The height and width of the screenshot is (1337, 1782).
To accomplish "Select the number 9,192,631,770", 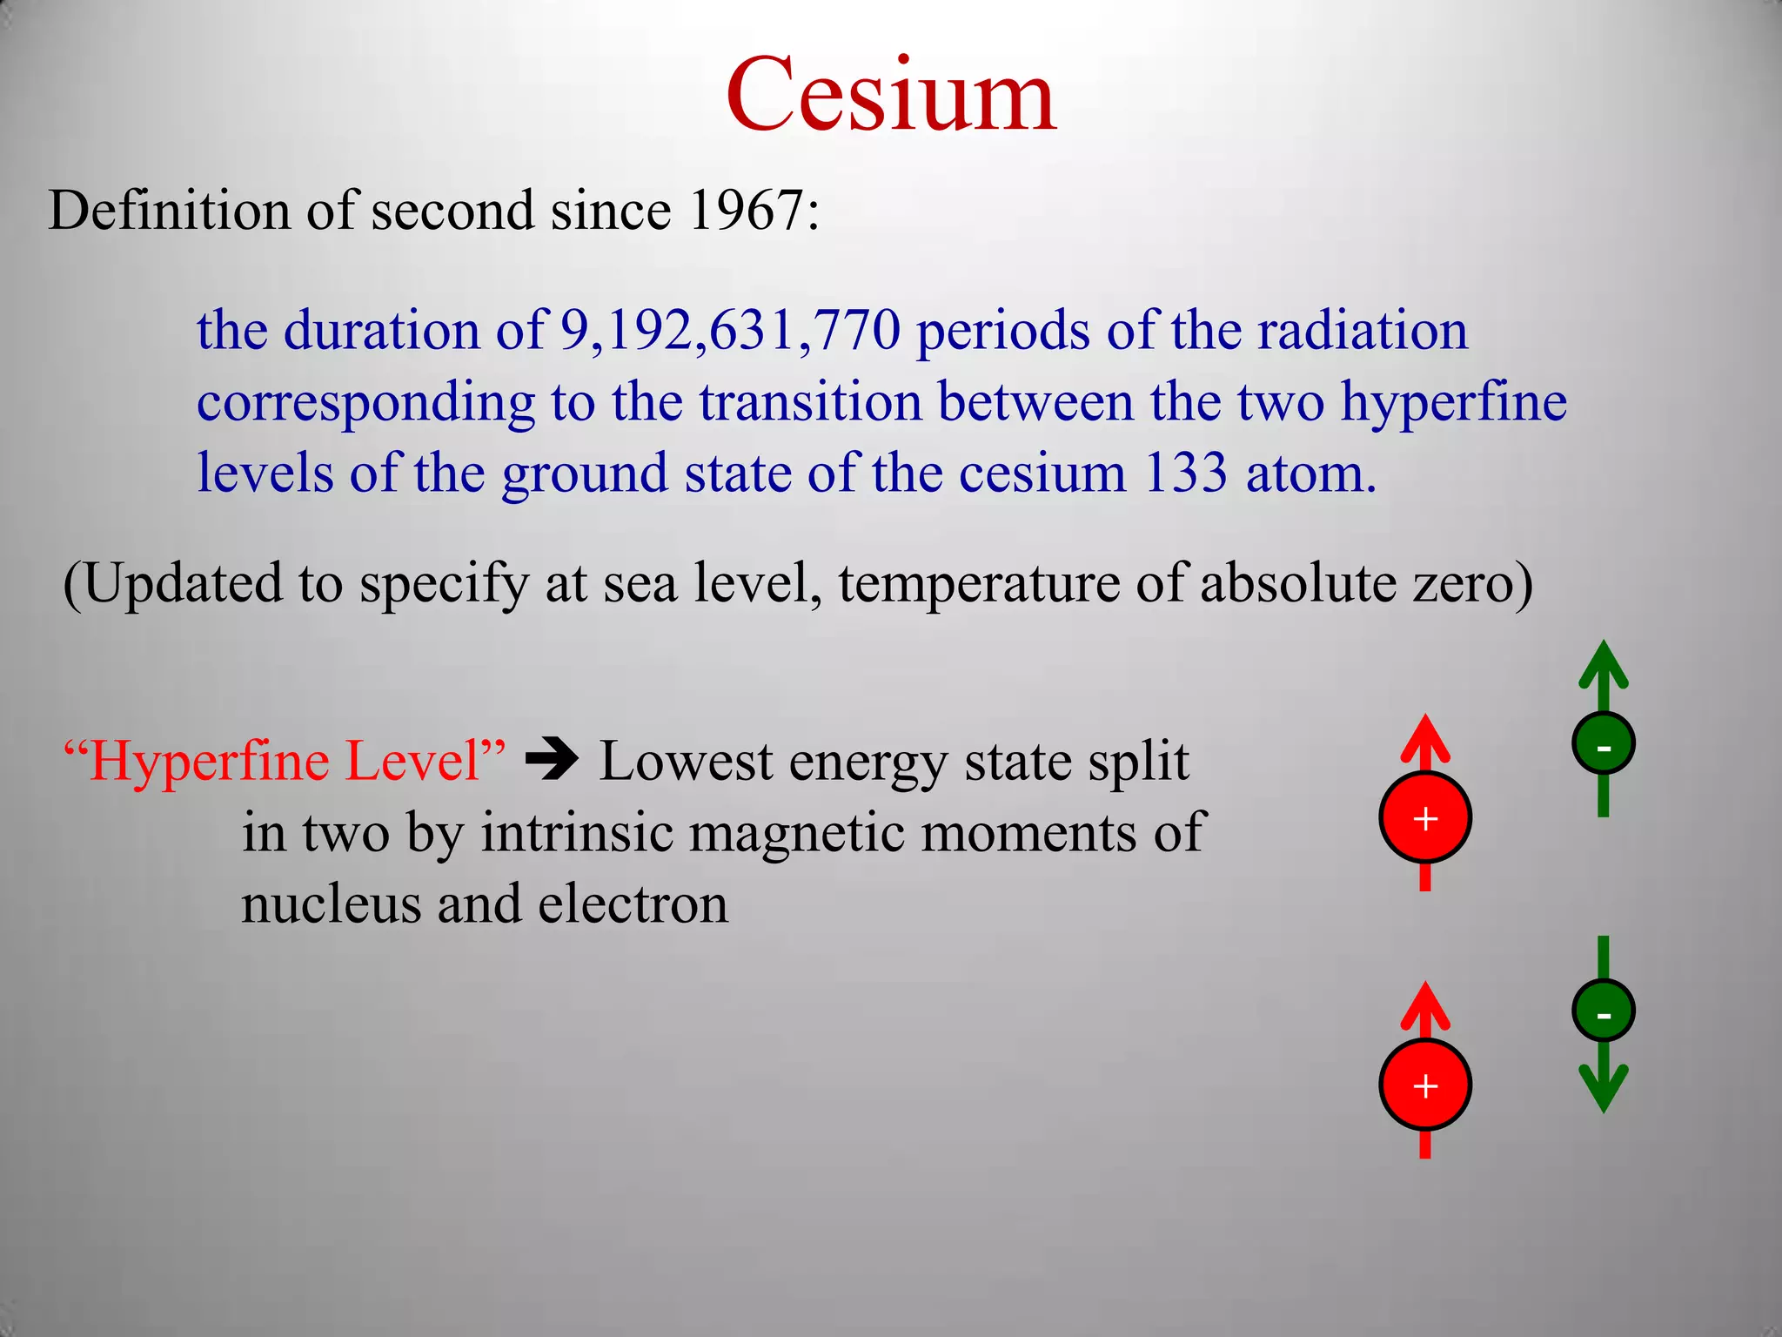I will [729, 331].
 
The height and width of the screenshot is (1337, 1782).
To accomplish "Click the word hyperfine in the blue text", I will [1453, 403].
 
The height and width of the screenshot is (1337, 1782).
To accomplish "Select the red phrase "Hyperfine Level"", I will [285, 761].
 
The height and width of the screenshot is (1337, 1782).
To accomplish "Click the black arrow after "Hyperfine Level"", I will [552, 759].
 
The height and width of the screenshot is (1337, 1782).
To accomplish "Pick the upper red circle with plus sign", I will [1425, 818].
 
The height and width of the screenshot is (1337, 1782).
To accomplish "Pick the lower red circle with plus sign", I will [1425, 1085].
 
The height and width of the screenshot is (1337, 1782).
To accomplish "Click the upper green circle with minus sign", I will [1604, 744].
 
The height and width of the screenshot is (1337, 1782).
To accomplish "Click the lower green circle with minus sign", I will [1604, 1011].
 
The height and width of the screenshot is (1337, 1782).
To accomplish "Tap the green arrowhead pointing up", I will [1604, 667].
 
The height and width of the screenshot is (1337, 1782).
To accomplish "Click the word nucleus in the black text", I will [331, 904].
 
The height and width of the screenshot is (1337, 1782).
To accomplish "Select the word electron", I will [633, 904].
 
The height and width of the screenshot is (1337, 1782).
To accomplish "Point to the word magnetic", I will [797, 833].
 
